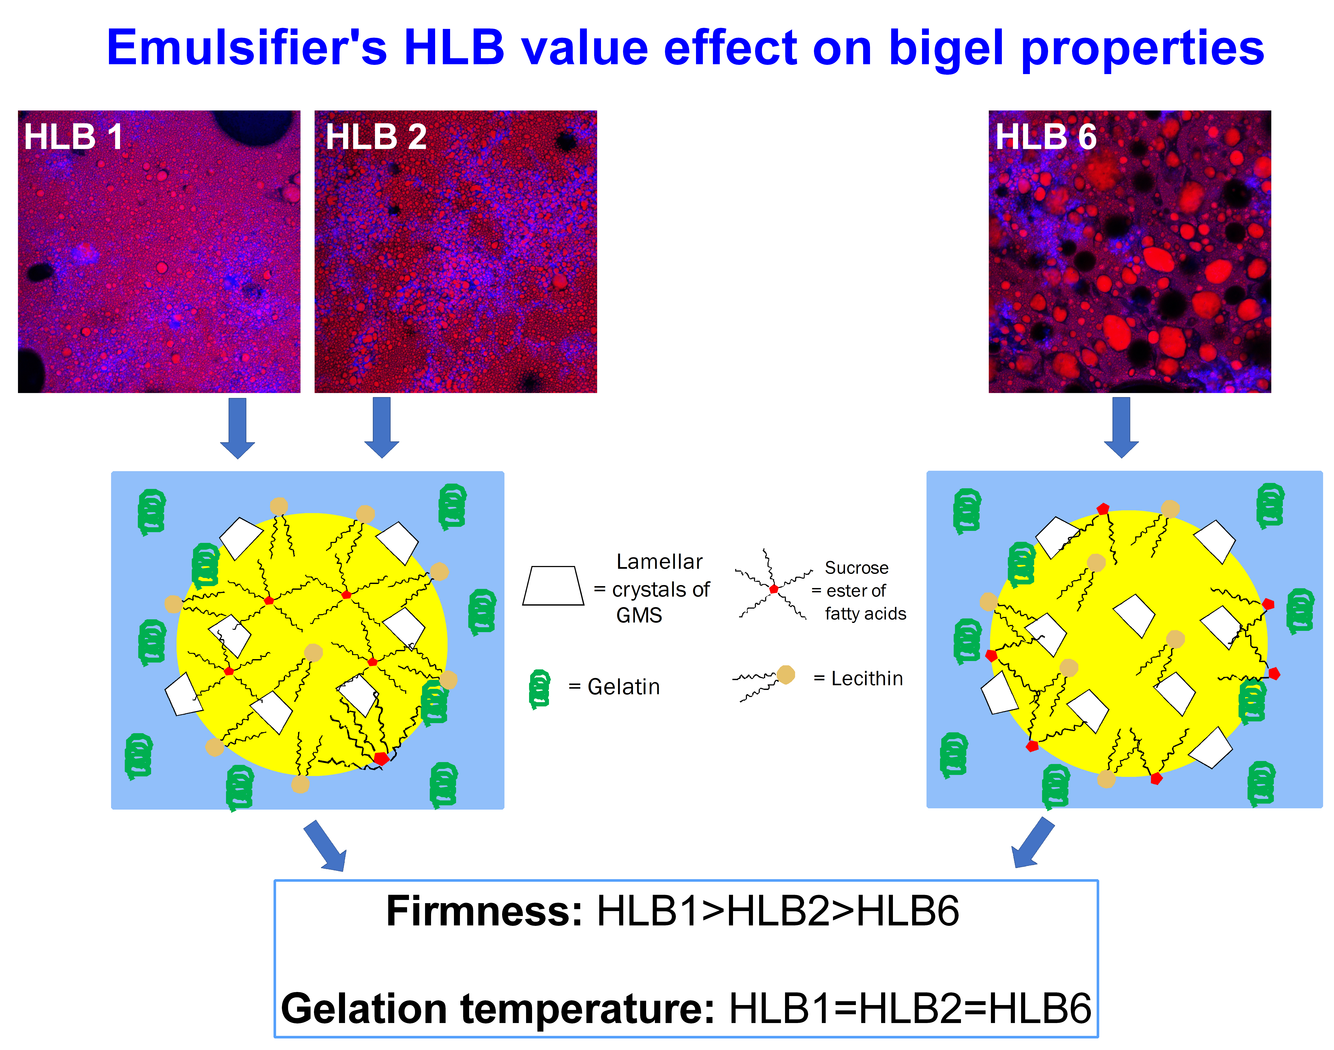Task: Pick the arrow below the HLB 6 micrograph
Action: pos(1121,428)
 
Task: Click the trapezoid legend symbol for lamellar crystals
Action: pos(553,586)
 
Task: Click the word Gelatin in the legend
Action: pos(624,687)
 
